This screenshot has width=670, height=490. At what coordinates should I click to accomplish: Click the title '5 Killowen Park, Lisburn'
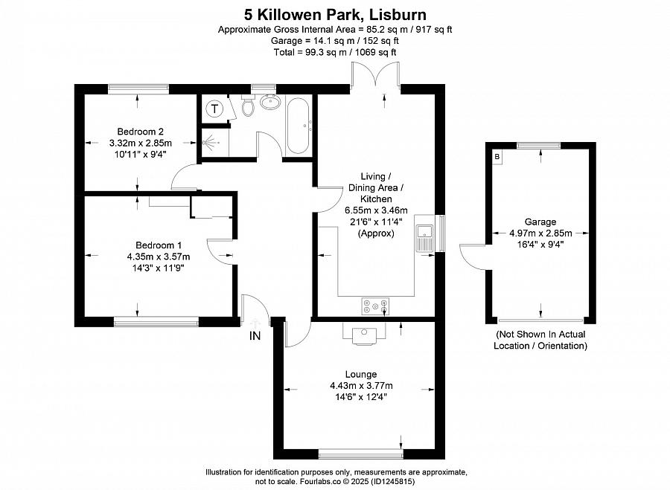click(335, 15)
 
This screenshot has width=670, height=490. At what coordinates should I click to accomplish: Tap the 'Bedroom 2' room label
click(140, 132)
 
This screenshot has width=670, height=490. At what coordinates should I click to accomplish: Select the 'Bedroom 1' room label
click(159, 245)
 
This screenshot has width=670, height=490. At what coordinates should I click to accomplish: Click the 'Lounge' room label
click(361, 374)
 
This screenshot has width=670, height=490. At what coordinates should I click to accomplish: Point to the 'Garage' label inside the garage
click(540, 222)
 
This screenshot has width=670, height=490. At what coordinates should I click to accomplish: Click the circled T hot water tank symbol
click(214, 109)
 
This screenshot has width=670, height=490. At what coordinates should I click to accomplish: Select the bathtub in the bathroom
click(299, 126)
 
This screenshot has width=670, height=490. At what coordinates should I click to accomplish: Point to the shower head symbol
click(209, 141)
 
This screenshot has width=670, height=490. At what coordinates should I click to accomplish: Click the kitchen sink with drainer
click(425, 238)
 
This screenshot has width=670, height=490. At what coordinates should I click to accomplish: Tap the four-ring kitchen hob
click(376, 306)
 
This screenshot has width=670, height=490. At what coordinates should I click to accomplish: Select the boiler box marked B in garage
click(497, 157)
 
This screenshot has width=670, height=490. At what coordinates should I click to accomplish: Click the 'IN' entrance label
click(255, 336)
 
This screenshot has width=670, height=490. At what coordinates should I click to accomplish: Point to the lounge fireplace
click(364, 333)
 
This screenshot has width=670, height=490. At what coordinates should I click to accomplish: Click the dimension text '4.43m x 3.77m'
click(361, 386)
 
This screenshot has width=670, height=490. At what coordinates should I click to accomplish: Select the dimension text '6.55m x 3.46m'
click(376, 210)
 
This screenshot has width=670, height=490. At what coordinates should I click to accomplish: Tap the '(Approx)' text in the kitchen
click(376, 233)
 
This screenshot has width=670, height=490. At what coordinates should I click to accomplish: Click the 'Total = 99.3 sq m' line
click(335, 53)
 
